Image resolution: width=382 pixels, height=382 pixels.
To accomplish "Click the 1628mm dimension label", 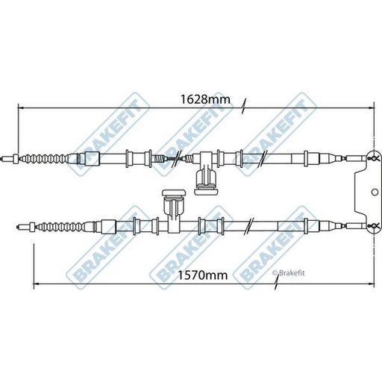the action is tap(205, 99).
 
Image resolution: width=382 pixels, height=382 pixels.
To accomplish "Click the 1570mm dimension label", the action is tap(202, 275).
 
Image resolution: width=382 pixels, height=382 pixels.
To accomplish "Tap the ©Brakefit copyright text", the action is tap(288, 273).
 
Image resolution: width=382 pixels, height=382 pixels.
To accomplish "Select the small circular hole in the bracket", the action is tap(375, 192).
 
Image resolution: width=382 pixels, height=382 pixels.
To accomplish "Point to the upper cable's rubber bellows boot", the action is tap(45, 158).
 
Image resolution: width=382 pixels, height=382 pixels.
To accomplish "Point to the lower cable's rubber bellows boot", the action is tap(62, 227).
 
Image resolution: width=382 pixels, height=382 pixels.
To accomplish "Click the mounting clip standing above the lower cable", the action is tap(174, 205).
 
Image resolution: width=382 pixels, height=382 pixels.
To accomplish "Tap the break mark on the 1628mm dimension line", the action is tap(244, 107).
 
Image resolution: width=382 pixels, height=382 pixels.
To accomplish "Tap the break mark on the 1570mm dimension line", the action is tap(276, 284).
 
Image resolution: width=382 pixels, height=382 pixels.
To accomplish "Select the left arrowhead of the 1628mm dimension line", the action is tap(21, 108).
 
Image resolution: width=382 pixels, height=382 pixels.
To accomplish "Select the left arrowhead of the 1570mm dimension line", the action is tap(37, 284).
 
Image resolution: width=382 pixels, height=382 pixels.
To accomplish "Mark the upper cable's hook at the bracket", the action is tap(374, 157).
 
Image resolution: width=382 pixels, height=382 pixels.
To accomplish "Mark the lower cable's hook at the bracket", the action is tap(374, 226).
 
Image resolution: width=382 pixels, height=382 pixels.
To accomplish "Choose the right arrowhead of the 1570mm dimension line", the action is tap(371, 284).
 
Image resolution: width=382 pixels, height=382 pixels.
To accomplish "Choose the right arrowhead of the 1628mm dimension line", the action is tap(371, 108).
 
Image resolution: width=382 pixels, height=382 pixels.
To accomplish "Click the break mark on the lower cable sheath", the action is tap(249, 226).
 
